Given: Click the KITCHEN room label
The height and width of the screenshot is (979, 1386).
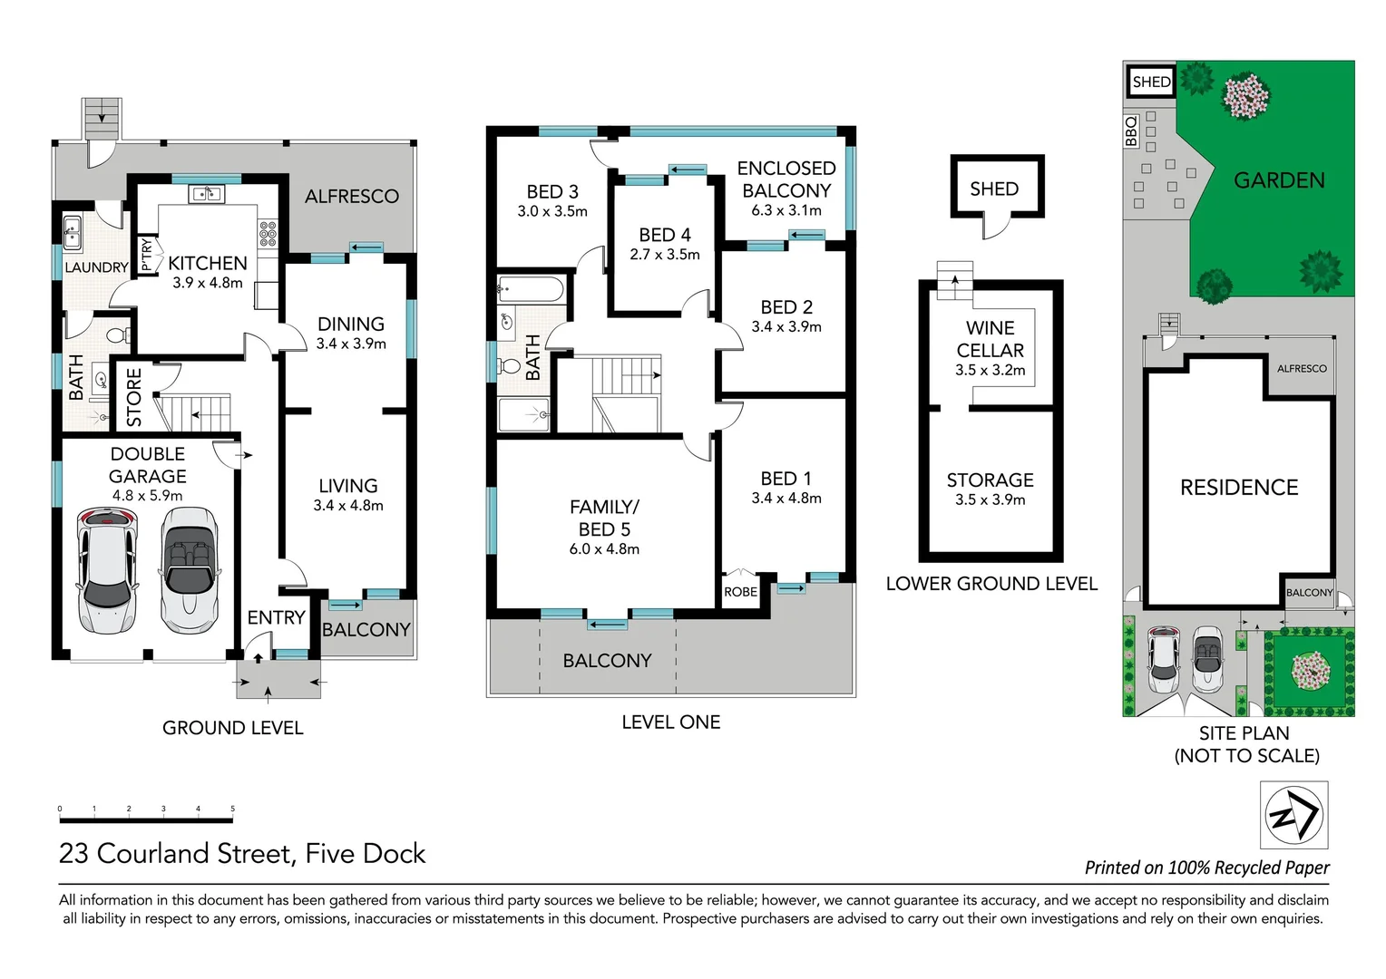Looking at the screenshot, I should pyautogui.click(x=207, y=263).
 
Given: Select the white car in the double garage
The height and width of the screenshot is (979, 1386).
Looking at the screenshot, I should pyautogui.click(x=107, y=569).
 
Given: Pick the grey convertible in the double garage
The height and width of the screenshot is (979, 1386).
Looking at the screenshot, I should pyautogui.click(x=190, y=569).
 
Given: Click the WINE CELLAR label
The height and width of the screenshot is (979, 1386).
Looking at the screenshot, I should pyautogui.click(x=990, y=339).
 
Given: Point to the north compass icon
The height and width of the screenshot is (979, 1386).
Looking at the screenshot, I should pyautogui.click(x=1294, y=815).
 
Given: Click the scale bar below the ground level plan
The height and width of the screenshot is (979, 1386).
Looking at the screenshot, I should pyautogui.click(x=146, y=819).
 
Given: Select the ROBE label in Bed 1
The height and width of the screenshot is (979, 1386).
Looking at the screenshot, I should pyautogui.click(x=740, y=592).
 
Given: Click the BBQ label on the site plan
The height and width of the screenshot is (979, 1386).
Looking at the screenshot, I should pyautogui.click(x=1131, y=131).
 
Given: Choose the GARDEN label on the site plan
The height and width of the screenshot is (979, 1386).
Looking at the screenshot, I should pyautogui.click(x=1279, y=180).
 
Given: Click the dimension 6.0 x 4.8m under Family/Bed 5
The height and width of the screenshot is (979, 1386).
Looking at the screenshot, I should pyautogui.click(x=604, y=549).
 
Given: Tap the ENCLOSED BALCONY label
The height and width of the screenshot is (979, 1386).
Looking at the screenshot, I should pyautogui.click(x=786, y=179).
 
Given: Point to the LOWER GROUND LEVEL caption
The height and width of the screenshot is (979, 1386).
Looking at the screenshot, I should pyautogui.click(x=991, y=584).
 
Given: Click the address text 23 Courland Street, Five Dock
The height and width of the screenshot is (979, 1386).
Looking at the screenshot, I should pyautogui.click(x=242, y=854).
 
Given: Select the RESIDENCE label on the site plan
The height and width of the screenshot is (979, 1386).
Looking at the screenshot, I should pyautogui.click(x=1239, y=488).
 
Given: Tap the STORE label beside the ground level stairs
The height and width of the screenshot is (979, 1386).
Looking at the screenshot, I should pyautogui.click(x=134, y=397).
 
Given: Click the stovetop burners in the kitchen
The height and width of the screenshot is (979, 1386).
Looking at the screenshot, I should pyautogui.click(x=268, y=234).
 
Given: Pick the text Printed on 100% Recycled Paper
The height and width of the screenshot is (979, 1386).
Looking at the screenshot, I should pyautogui.click(x=1206, y=868).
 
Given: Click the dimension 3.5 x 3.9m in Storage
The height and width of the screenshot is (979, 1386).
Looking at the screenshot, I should pyautogui.click(x=990, y=499).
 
